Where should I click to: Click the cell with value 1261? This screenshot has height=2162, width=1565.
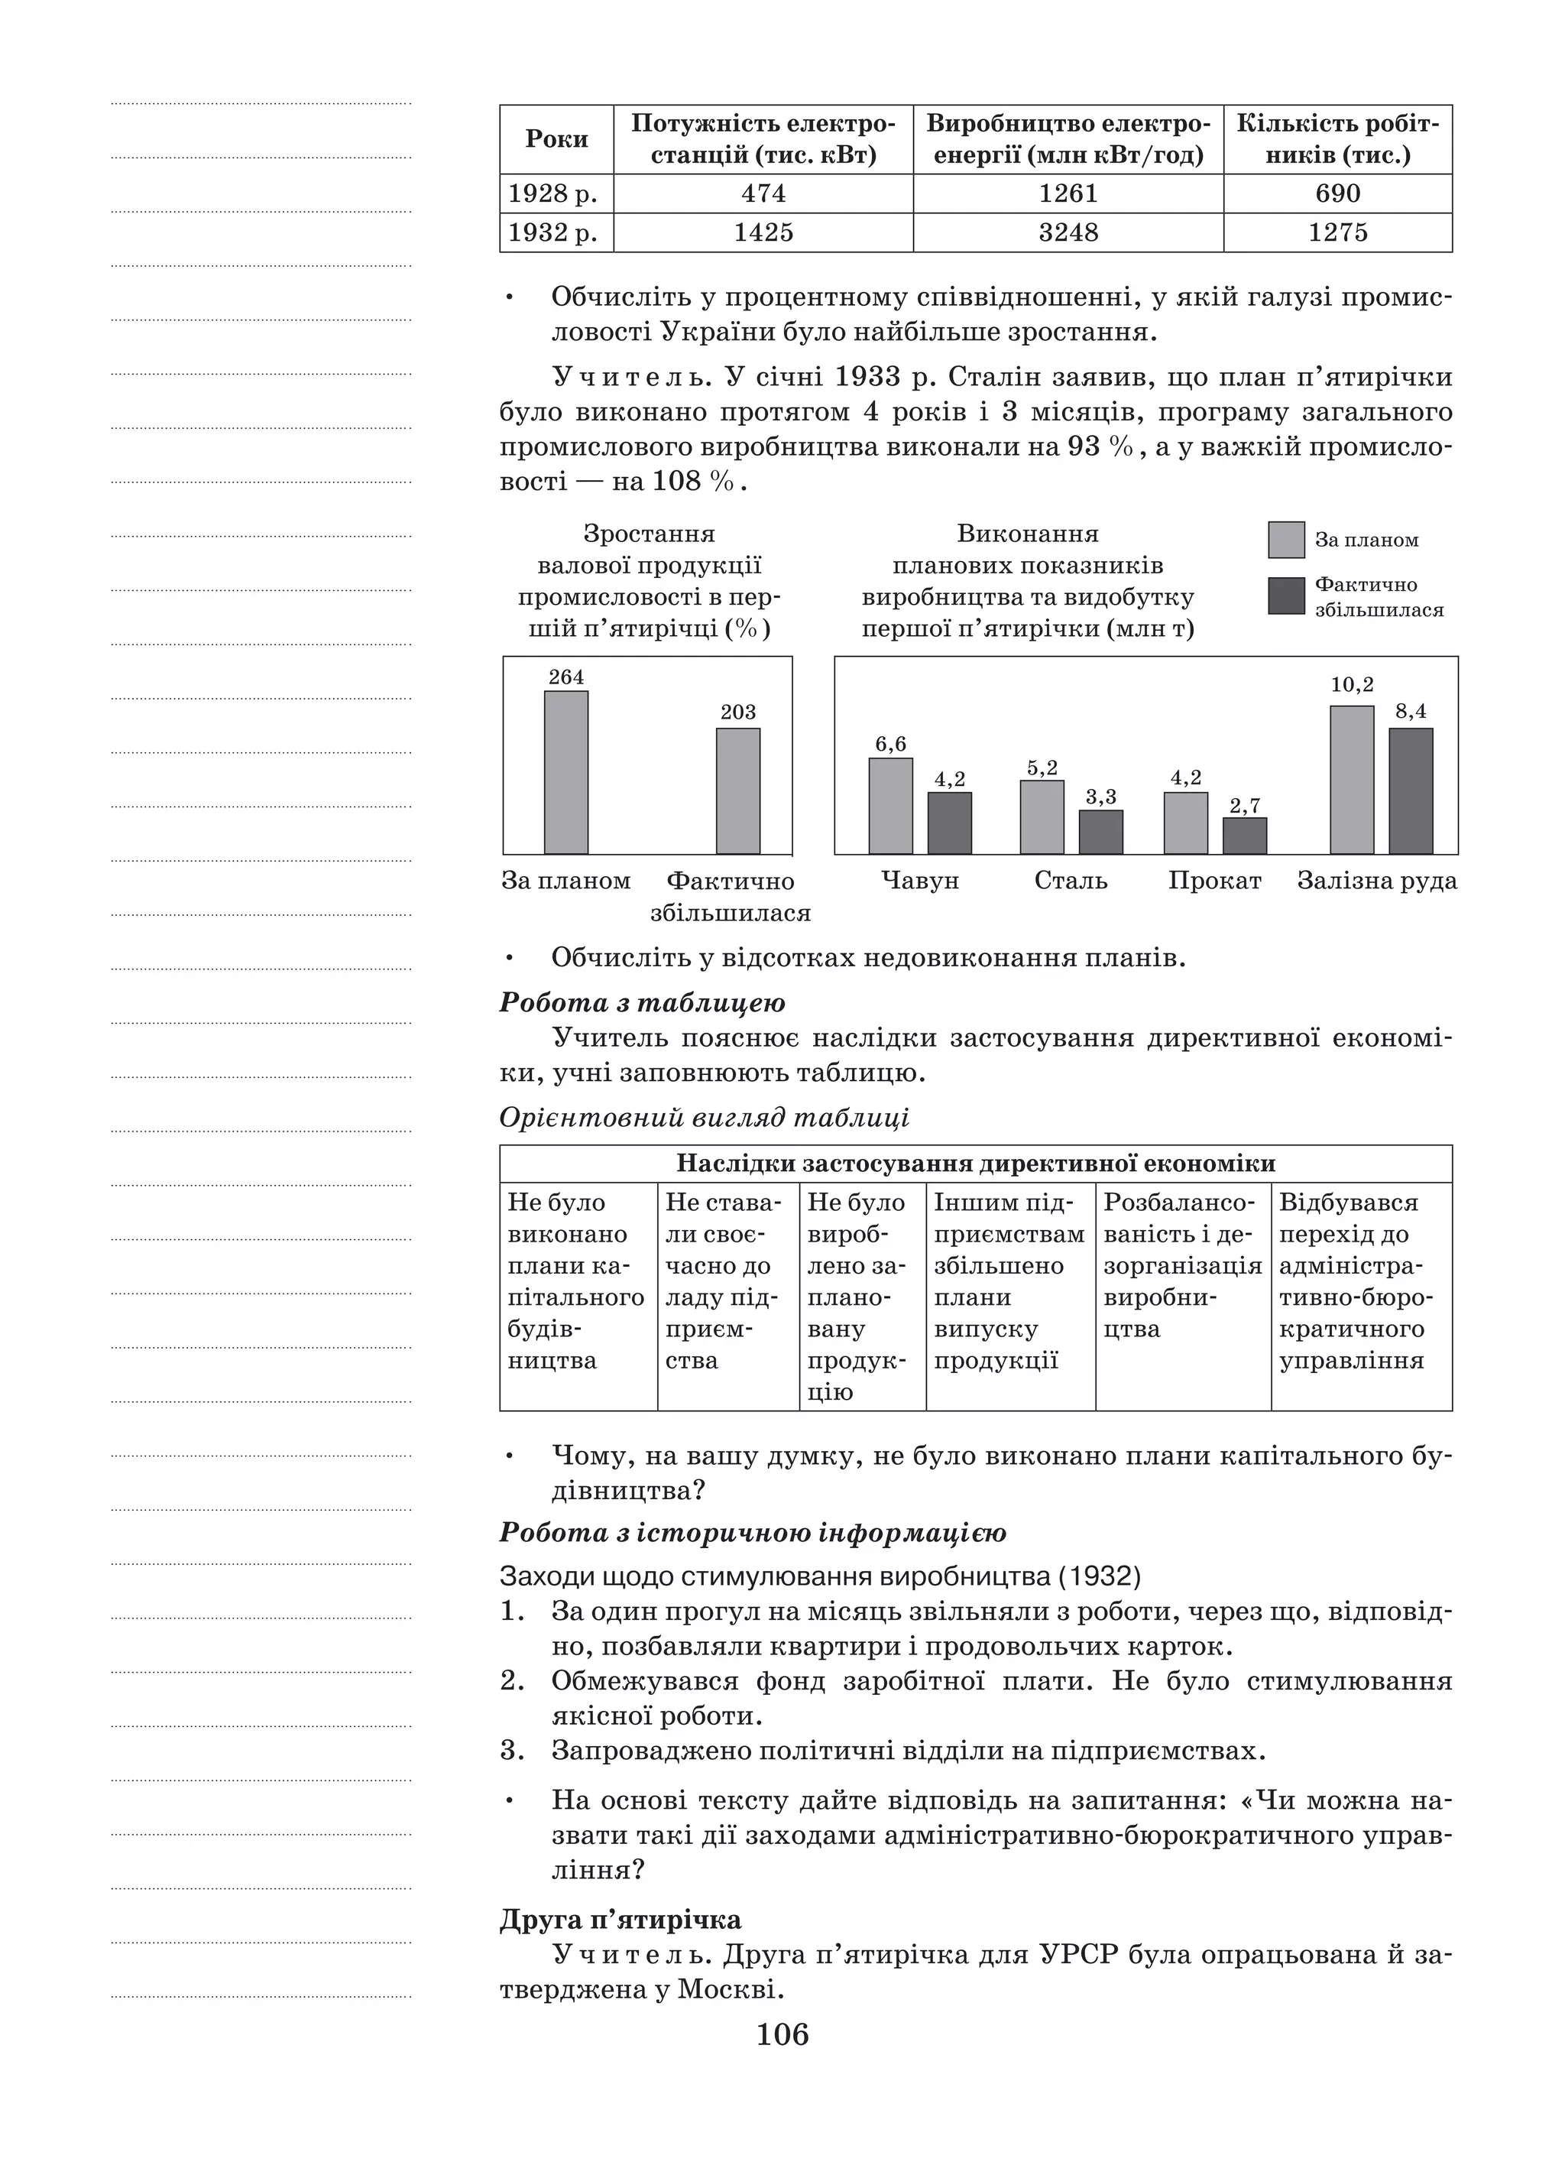click(x=1068, y=193)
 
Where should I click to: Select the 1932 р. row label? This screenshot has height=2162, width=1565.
click(x=552, y=232)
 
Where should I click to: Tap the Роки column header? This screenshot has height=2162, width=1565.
click(x=556, y=139)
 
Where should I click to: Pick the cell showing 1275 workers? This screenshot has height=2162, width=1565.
click(x=1337, y=232)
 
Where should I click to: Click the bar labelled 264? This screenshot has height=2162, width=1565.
click(x=566, y=772)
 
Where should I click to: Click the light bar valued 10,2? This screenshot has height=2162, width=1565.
click(x=1352, y=780)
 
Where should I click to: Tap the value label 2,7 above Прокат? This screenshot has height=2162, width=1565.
click(x=1245, y=807)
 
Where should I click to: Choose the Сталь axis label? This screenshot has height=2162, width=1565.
click(x=1071, y=881)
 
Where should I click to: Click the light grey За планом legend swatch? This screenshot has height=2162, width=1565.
click(x=1286, y=540)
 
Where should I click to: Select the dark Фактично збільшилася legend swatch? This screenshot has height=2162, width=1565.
click(x=1286, y=596)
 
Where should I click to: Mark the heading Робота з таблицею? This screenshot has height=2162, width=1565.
click(x=643, y=1003)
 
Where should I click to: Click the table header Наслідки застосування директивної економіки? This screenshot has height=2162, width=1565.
click(x=975, y=1164)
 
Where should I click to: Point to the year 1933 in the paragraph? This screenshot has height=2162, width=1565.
click(x=867, y=378)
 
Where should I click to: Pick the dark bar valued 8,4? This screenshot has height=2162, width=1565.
click(x=1411, y=791)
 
